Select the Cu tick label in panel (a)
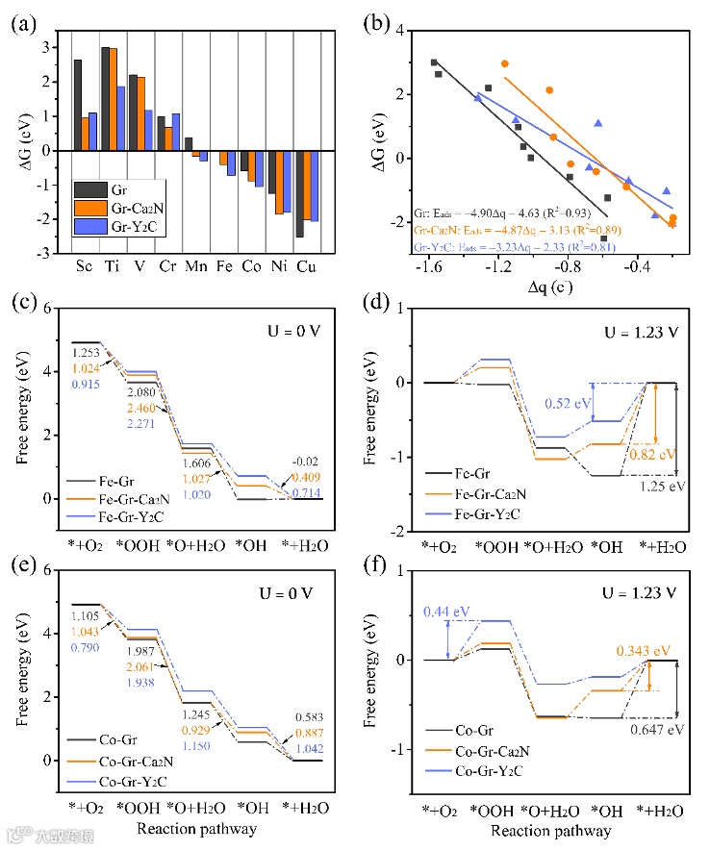coord(306,265)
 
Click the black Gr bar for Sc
coord(77,105)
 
